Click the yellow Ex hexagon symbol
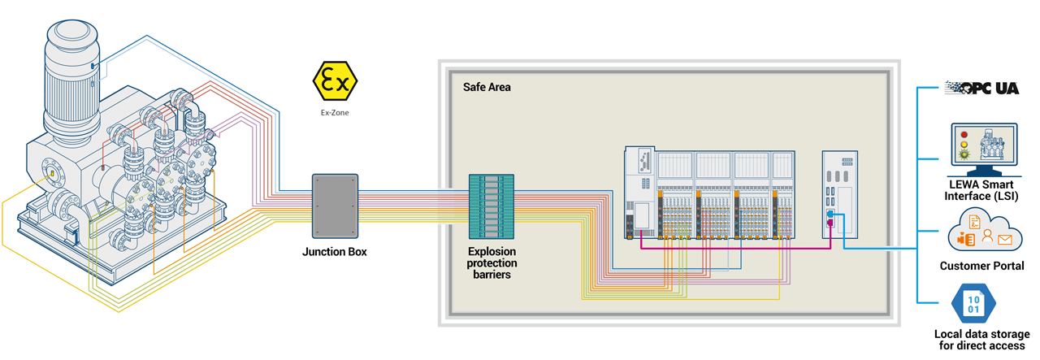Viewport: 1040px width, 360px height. pyautogui.click(x=334, y=81)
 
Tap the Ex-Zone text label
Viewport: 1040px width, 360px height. pyautogui.click(x=334, y=114)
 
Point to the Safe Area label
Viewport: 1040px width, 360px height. pyautogui.click(x=487, y=87)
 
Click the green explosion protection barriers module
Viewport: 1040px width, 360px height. pyautogui.click(x=492, y=205)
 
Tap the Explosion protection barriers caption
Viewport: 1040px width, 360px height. pyautogui.click(x=492, y=263)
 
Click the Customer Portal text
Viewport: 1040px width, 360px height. pyautogui.click(x=981, y=266)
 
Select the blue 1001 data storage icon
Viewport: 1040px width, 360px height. pyautogui.click(x=972, y=304)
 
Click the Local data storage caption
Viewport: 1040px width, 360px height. pyautogui.click(x=981, y=340)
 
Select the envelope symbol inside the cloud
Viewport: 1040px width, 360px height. pyautogui.click(x=1003, y=240)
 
